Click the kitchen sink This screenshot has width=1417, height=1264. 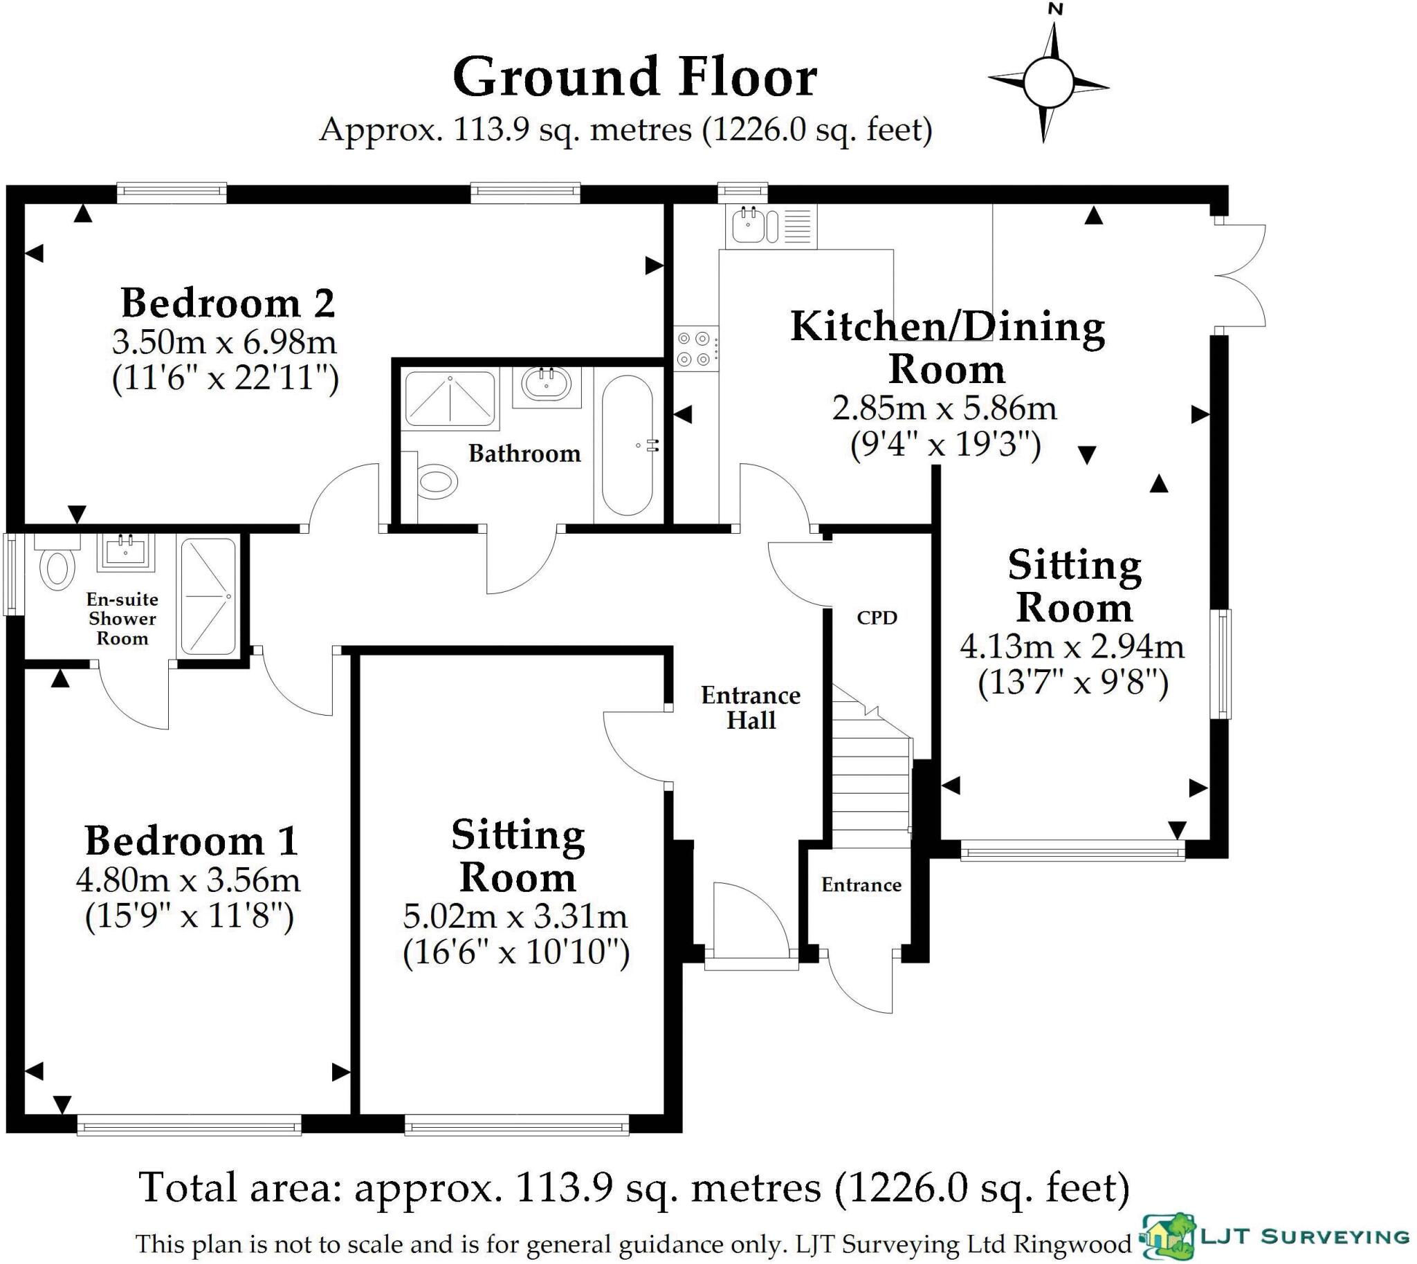pos(771,225)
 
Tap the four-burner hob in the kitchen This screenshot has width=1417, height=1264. pos(696,348)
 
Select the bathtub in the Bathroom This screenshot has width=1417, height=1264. pos(628,445)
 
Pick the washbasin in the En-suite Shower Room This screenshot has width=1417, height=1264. pos(126,551)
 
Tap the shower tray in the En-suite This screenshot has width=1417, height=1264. pos(208,597)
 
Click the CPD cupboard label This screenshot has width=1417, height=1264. pos(877,617)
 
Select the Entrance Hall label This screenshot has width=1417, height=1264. pos(751,707)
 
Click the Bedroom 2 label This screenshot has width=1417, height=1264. pos(228,303)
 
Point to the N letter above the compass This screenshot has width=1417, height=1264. pos(1056,9)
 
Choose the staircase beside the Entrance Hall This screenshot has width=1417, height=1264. pos(872,764)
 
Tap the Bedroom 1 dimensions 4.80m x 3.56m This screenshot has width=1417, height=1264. pos(188,881)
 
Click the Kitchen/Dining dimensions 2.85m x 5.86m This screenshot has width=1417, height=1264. pos(945,409)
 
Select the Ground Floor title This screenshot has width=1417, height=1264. pos(635,77)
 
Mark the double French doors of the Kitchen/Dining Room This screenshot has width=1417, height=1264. pos(1240,275)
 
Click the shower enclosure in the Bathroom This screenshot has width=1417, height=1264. pos(450,399)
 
